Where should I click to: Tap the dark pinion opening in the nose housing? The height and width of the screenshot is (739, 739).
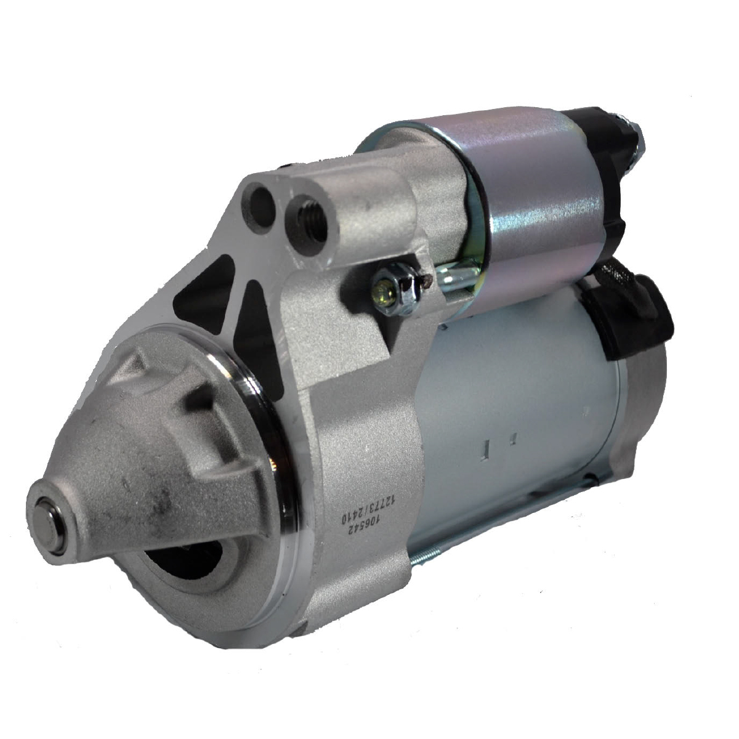click(184, 560)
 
